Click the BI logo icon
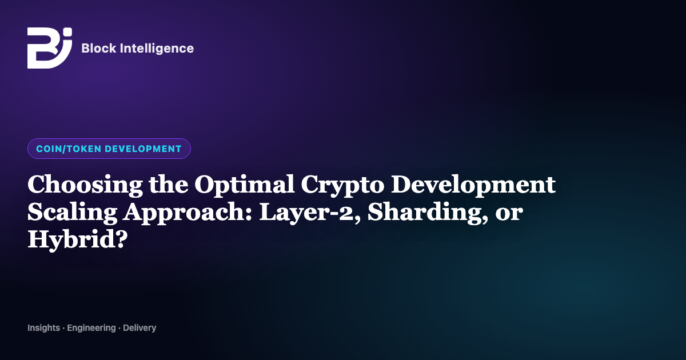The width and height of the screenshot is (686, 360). point(50,48)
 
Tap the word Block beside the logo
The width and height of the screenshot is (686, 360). point(99,48)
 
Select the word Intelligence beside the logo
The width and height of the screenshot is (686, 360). point(157,49)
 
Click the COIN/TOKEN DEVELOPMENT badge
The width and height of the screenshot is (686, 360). point(109,149)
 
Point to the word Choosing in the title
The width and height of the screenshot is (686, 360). point(85,185)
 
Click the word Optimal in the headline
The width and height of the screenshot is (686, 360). point(245,185)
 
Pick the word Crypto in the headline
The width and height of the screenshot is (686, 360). point(342,185)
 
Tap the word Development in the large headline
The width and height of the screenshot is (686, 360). point(473,185)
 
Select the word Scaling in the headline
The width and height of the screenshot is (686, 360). point(72,213)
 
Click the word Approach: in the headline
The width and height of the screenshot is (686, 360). point(188,213)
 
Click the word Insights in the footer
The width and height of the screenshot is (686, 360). point(44,328)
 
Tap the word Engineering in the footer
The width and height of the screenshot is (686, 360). point(91,328)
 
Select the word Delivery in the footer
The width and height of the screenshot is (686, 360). point(139,328)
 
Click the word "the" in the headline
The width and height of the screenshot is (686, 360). point(169,184)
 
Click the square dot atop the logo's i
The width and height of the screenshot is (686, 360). point(67,32)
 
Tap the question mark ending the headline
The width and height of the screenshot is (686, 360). point(121,238)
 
